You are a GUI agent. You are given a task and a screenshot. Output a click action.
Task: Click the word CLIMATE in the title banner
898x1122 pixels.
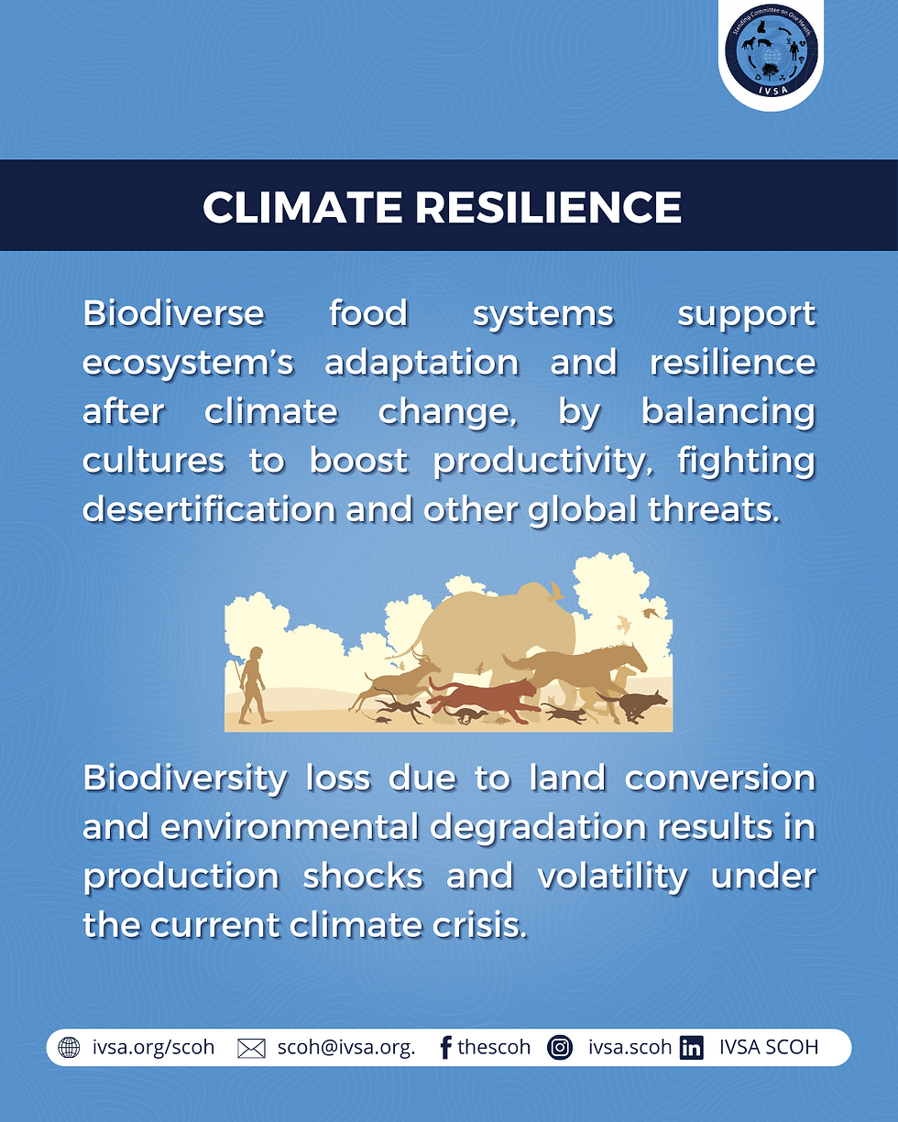[x=302, y=207]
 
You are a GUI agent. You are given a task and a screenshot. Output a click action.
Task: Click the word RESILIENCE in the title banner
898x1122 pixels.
[x=548, y=207]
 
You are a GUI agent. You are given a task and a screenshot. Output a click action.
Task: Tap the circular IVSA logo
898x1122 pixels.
[x=772, y=50]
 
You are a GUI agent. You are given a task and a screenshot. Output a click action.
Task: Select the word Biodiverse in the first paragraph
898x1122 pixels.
[x=174, y=313]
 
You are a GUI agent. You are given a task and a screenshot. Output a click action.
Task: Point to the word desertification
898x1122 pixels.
[x=209, y=509]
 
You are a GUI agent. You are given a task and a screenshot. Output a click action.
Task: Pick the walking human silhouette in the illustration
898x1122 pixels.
[x=254, y=685]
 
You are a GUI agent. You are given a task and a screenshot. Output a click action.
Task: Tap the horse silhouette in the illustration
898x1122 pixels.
[x=579, y=670]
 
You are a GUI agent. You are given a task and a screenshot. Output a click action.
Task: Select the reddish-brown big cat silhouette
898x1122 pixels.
[x=483, y=698]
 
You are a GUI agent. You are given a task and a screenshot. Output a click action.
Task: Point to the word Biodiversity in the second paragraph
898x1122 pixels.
[x=185, y=779]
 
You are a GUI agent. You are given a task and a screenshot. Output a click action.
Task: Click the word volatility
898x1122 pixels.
[x=613, y=877]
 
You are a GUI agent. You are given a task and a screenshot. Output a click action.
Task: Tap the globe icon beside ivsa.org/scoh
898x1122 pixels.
[x=69, y=1047]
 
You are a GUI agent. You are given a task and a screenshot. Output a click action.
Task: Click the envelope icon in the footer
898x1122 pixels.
[x=251, y=1048]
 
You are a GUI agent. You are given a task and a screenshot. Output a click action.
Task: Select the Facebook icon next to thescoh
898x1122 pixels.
[x=445, y=1048]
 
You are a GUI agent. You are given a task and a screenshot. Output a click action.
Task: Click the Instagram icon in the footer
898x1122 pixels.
[x=560, y=1048]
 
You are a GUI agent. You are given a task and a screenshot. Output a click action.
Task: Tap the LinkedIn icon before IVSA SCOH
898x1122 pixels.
[x=692, y=1048]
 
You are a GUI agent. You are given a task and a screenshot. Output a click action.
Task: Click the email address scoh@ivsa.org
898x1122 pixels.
[x=346, y=1048]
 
